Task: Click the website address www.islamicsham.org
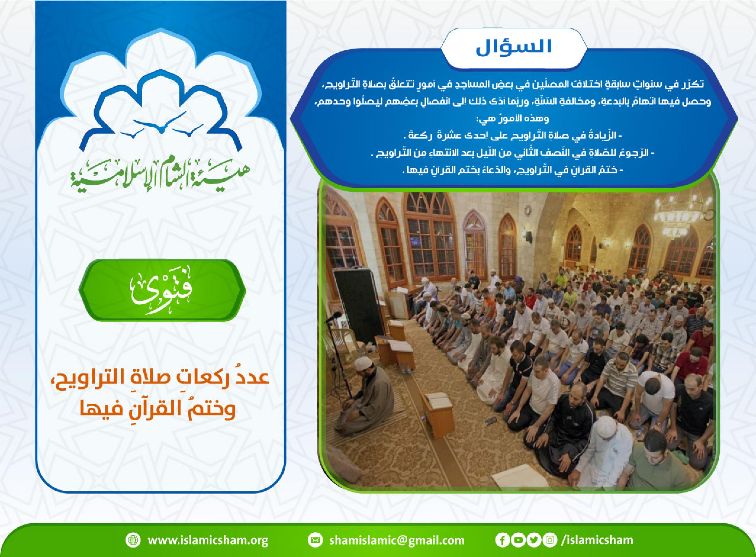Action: (208, 540)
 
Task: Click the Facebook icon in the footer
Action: (502, 540)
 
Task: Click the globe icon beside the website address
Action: (133, 540)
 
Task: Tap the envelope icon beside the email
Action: (315, 540)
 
